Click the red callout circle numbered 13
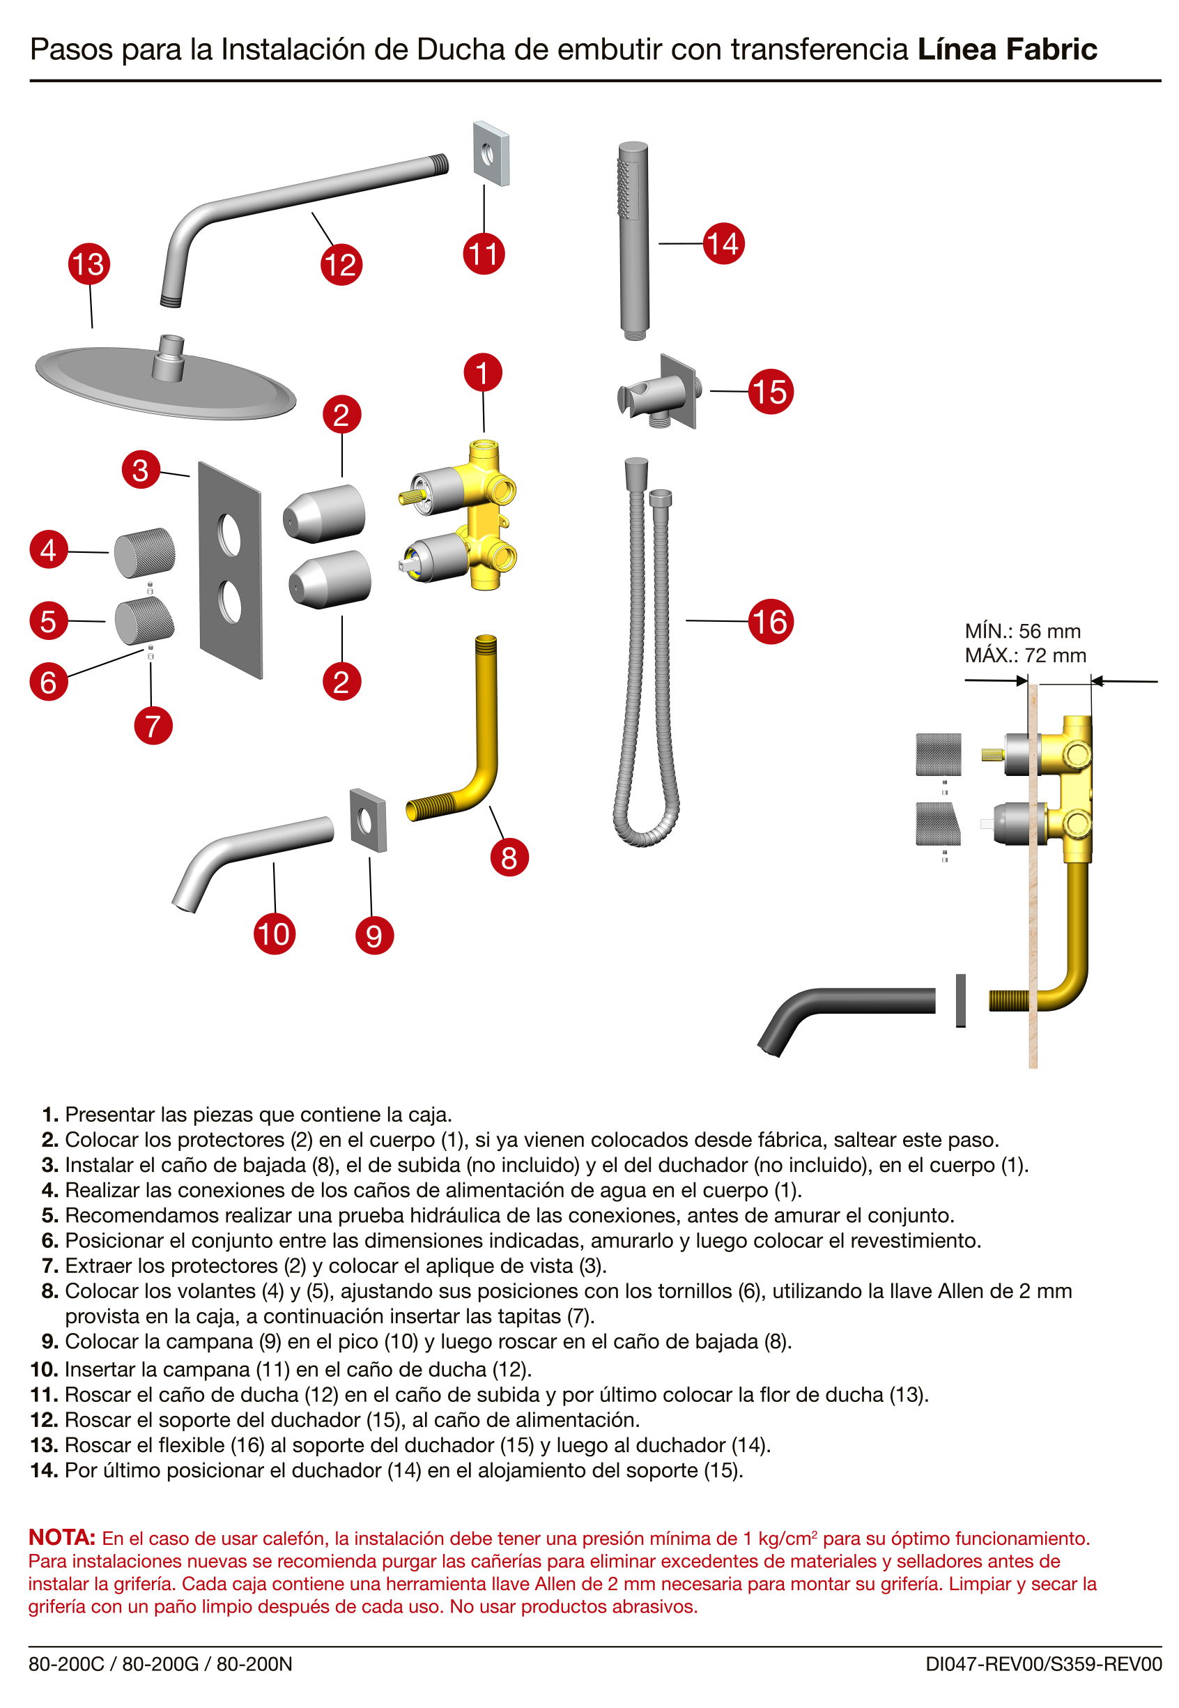click(x=89, y=264)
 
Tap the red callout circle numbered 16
click(x=770, y=622)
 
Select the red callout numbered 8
click(x=509, y=857)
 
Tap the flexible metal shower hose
click(x=646, y=665)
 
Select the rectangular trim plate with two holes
click(x=230, y=570)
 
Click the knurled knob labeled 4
click(x=144, y=552)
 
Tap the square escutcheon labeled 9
click(x=367, y=821)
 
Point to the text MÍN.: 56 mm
click(x=1022, y=631)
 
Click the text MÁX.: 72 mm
click(x=1024, y=655)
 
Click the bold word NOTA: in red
click(x=62, y=1537)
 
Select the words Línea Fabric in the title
click(x=1006, y=49)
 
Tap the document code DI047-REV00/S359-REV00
click(x=1043, y=1663)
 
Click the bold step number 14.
click(x=44, y=1470)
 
